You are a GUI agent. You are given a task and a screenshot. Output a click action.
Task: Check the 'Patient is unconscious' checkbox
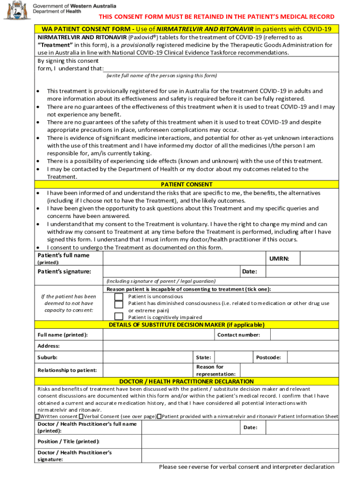point(119,297)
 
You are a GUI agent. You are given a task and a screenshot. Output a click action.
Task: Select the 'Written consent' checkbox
point(37,416)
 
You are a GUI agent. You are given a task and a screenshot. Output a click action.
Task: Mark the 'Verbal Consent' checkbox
point(81,416)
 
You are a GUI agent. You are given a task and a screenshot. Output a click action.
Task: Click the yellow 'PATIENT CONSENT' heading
point(187,185)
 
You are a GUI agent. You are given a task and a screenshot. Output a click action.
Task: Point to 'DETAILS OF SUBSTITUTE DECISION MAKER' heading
point(187,325)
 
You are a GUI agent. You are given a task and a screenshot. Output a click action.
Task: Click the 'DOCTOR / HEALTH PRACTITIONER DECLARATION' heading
point(187,382)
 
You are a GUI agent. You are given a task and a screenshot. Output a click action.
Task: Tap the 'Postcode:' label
point(268,357)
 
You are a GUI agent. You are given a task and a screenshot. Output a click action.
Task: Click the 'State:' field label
point(203,357)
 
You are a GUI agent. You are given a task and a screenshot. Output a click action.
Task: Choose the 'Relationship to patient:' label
point(67,370)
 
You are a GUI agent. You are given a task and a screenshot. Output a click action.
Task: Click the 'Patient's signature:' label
point(64,272)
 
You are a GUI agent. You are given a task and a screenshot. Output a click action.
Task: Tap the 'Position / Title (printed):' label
point(68,442)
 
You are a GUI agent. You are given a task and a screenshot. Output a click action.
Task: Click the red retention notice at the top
point(216,17)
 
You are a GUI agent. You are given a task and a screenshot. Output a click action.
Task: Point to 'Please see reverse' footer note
point(246,467)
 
